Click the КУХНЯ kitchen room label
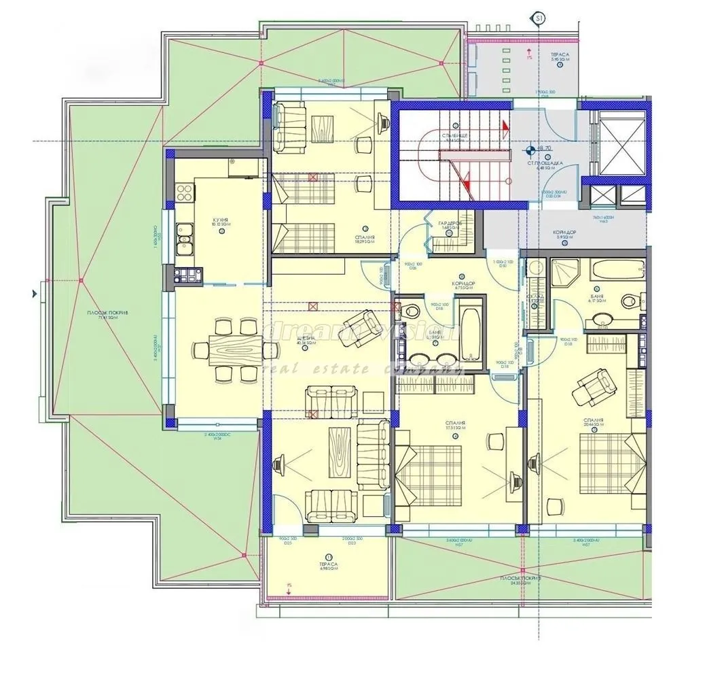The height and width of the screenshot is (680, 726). click(x=219, y=222)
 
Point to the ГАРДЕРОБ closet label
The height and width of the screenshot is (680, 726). click(x=450, y=224)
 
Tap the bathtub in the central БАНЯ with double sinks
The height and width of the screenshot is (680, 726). click(x=470, y=335)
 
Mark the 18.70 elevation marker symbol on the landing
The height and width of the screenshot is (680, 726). click(x=530, y=148)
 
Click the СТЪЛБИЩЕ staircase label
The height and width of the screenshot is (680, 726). click(x=453, y=138)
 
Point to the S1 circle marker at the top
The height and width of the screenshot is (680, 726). click(x=540, y=19)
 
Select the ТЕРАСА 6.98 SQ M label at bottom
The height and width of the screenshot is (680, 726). click(x=329, y=566)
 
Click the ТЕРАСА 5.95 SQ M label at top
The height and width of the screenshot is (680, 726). click(x=560, y=56)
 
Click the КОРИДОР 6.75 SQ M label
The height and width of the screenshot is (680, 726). click(x=462, y=286)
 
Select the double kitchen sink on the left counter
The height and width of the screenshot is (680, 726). click(x=184, y=240)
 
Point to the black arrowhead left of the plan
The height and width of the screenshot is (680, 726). click(x=34, y=294)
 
